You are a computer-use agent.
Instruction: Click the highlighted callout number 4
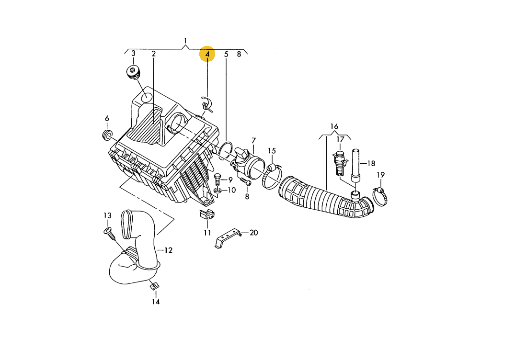(207, 54)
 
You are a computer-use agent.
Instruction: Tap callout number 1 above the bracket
(185, 41)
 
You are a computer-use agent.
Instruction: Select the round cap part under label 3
(133, 72)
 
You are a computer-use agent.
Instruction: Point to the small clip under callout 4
(206, 104)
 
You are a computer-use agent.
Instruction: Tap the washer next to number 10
(217, 191)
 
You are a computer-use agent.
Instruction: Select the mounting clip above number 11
(207, 214)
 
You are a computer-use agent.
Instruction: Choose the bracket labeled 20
(227, 238)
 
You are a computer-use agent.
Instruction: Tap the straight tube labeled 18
(355, 165)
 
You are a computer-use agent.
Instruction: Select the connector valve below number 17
(340, 163)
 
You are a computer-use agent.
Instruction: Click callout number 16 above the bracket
(334, 126)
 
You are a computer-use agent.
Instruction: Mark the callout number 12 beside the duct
(168, 250)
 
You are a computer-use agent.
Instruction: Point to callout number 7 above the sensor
(253, 141)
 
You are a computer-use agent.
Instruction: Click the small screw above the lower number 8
(245, 181)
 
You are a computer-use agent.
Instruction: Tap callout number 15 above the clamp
(272, 151)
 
